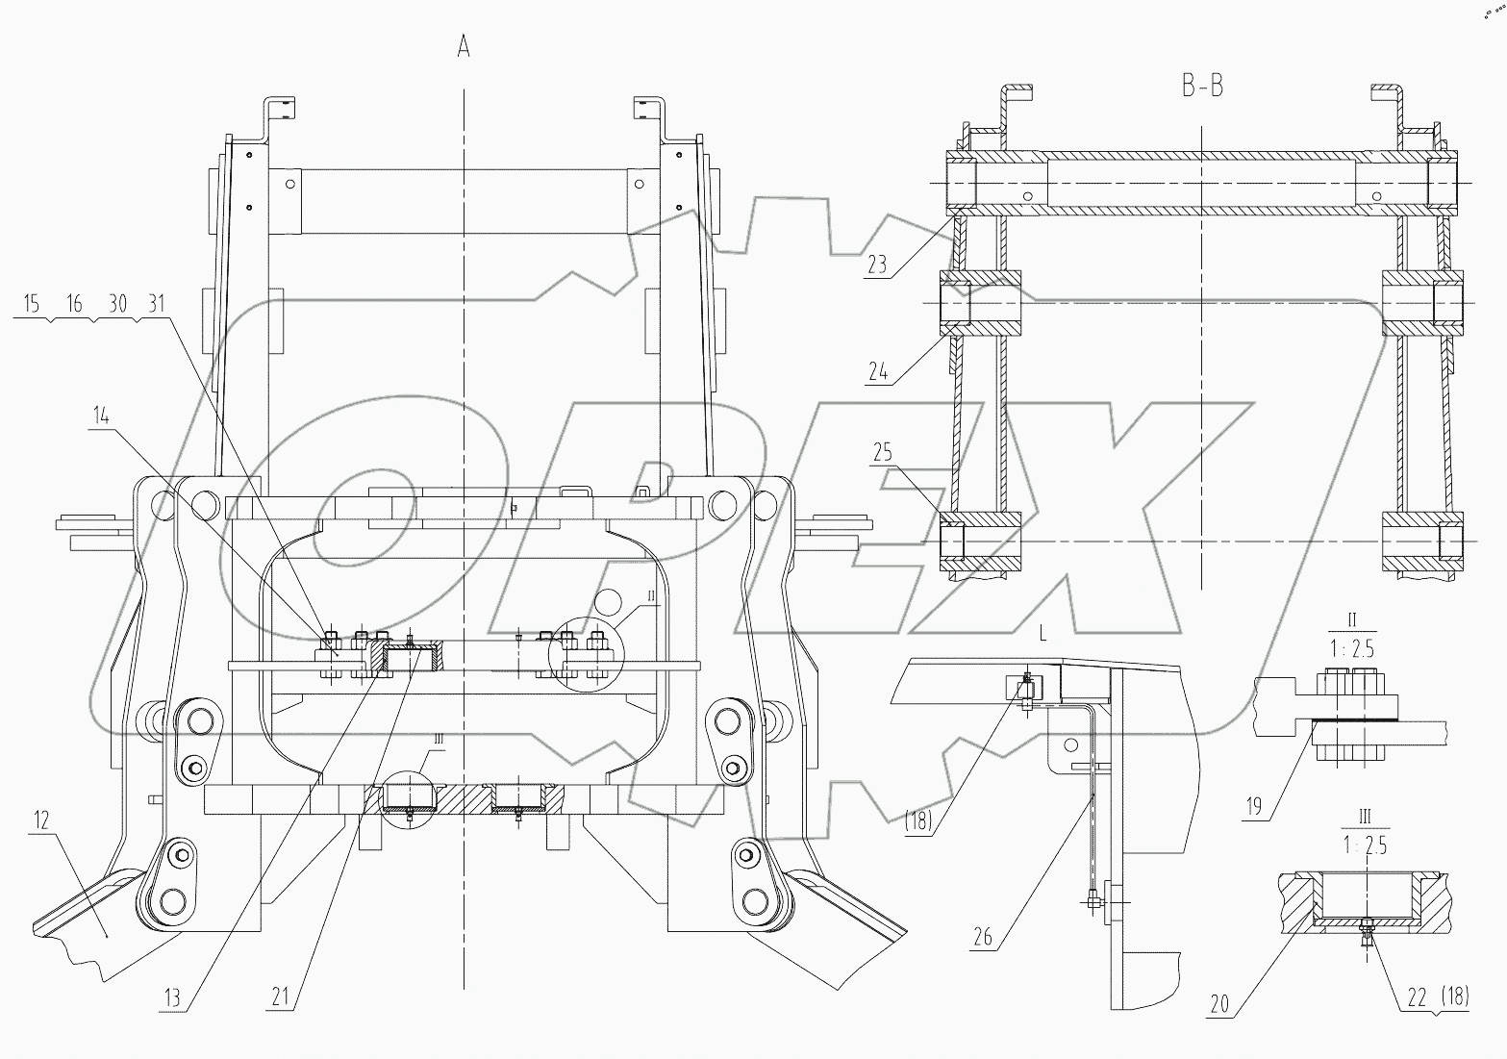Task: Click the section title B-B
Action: (x=1202, y=87)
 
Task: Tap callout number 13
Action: (x=172, y=998)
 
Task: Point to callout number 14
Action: (x=101, y=416)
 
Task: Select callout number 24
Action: (x=876, y=372)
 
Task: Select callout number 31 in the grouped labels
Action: (x=152, y=303)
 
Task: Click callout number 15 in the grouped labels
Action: (x=30, y=303)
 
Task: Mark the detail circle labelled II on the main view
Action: (x=587, y=654)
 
